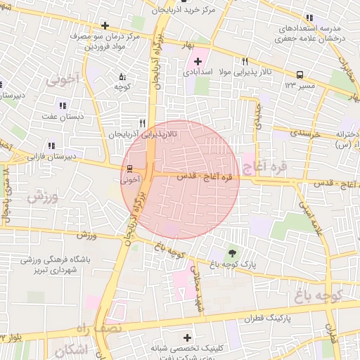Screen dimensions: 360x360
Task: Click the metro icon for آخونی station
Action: click(129, 169)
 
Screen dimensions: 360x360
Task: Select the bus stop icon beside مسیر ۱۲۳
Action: click(300, 74)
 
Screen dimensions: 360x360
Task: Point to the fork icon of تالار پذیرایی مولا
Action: click(245, 61)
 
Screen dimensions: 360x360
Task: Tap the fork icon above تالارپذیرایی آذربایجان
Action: click(142, 122)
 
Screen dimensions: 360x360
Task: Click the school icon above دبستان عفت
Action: click(63, 105)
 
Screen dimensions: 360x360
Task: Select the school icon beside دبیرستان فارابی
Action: click(51, 146)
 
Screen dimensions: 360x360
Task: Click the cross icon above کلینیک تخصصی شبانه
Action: click(187, 338)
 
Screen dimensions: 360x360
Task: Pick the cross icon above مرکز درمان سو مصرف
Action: click(105, 26)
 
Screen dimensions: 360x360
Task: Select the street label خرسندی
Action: click(304, 132)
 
